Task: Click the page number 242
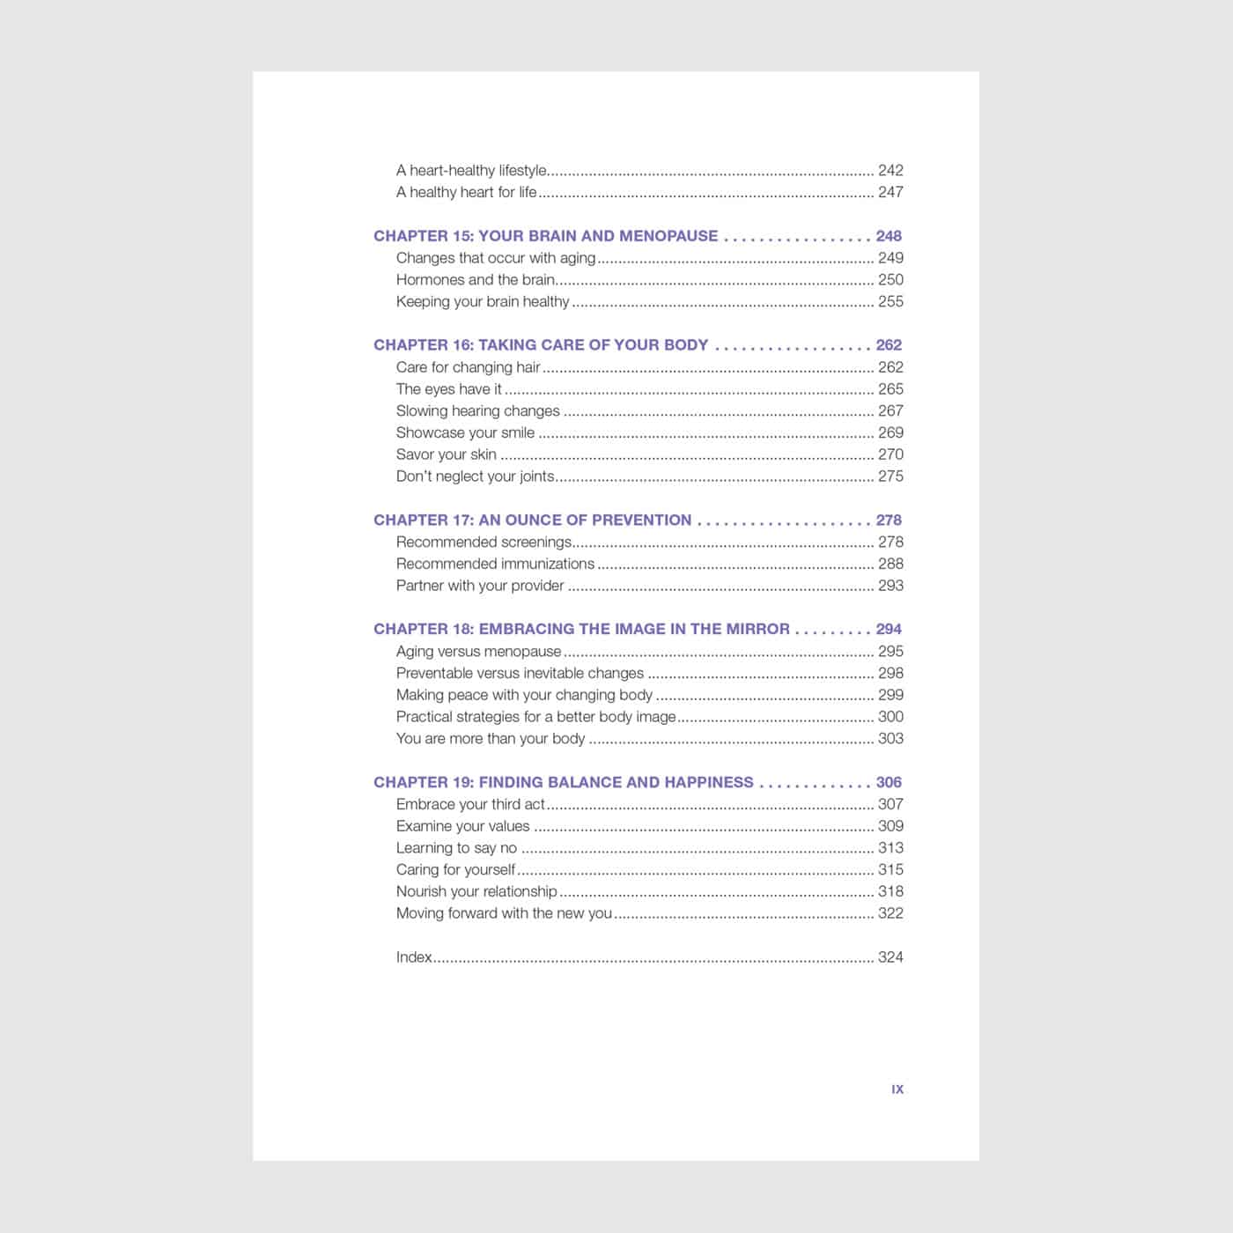[890, 170]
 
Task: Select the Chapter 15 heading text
[545, 236]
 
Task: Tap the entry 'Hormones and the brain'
[475, 279]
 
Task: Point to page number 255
[890, 301]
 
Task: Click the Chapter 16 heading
[541, 345]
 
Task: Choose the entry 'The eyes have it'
[448, 388]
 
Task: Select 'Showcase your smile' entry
[465, 432]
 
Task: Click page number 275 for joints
[890, 476]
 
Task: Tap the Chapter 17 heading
[532, 520]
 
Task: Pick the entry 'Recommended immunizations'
[495, 564]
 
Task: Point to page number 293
[890, 585]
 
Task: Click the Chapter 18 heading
[581, 629]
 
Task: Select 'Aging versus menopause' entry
[478, 651]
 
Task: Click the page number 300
[890, 716]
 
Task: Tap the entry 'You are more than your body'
[491, 738]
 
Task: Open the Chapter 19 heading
[563, 782]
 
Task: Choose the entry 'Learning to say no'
[456, 847]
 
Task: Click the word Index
[414, 956]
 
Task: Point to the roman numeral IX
[897, 1089]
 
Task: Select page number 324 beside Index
[890, 956]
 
